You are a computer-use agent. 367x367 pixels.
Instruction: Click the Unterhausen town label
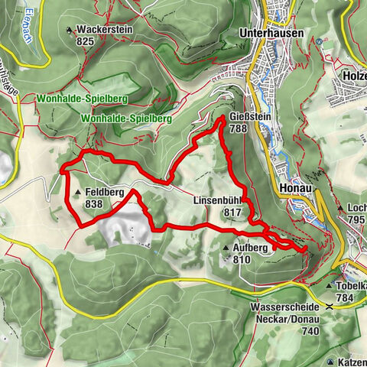click(x=271, y=34)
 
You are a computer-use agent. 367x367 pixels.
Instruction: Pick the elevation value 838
click(x=95, y=204)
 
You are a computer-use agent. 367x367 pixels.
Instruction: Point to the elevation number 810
click(x=242, y=260)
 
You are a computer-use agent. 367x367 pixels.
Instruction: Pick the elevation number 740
click(x=309, y=330)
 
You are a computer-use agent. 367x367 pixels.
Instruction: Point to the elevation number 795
click(x=355, y=219)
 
